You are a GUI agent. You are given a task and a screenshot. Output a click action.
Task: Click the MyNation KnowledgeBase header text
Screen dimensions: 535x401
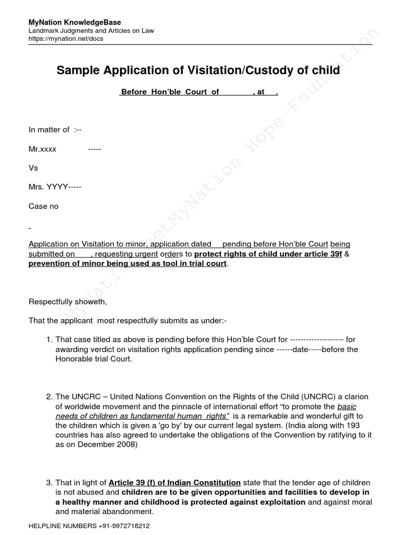tap(75, 22)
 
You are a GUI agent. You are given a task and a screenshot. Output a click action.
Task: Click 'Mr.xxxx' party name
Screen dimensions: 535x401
tap(42, 149)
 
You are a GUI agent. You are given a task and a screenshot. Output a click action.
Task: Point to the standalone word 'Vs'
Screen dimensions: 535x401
tap(33, 168)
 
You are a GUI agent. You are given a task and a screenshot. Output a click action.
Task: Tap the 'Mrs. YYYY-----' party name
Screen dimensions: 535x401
tap(55, 187)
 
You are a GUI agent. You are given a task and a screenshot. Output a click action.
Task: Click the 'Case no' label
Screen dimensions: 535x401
tap(43, 206)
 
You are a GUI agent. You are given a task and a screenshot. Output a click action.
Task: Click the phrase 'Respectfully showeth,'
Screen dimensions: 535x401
tap(68, 301)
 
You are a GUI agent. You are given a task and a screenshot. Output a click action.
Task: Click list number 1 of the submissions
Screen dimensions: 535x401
tap(50, 339)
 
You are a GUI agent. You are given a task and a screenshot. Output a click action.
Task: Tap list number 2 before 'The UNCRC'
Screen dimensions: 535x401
tap(50, 397)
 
